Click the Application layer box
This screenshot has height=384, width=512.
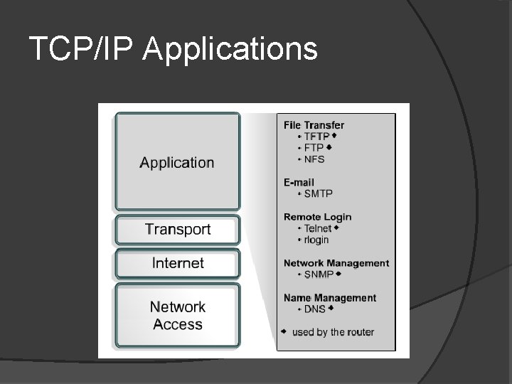(x=177, y=162)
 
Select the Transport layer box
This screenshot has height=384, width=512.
(x=178, y=230)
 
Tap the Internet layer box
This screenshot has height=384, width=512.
(x=178, y=263)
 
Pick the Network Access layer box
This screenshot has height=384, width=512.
(x=178, y=316)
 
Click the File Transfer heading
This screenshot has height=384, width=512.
(x=314, y=125)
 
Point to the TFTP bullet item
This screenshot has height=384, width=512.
(x=316, y=137)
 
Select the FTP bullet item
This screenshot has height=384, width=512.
(x=314, y=148)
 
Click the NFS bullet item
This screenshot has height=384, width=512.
(x=314, y=159)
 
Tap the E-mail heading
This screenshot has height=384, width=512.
(x=299, y=183)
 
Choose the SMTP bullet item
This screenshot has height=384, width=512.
(x=318, y=193)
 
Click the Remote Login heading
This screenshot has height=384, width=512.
(x=317, y=217)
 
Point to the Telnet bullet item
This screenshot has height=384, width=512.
(x=317, y=228)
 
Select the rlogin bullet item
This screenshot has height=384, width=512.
(x=316, y=240)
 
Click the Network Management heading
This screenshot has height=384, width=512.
(x=336, y=263)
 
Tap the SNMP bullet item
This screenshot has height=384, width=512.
(x=319, y=274)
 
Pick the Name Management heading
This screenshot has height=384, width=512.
(x=330, y=298)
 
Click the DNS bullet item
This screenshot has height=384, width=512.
(x=314, y=309)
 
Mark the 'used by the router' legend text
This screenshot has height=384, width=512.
(x=333, y=332)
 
